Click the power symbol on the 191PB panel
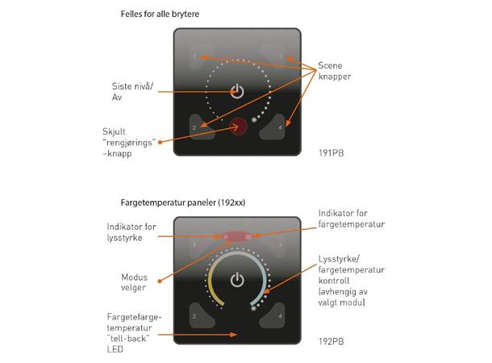click(237, 91)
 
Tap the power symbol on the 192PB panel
click(237, 280)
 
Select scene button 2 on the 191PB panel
click(201, 127)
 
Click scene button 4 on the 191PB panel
click(273, 127)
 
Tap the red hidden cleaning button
click(239, 127)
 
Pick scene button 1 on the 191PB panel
click(201, 56)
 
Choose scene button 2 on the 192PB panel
click(201, 315)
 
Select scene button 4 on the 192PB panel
click(273, 315)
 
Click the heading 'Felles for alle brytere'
click(160, 15)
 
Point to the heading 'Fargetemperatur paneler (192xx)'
click(183, 202)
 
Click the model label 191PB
click(331, 153)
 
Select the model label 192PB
click(331, 341)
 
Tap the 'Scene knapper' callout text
click(335, 71)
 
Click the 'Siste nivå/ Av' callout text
click(132, 92)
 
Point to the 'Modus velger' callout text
click(134, 282)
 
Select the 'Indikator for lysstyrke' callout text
click(131, 232)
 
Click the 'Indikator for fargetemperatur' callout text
click(352, 219)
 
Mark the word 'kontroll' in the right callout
click(334, 281)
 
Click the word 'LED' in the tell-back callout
click(115, 349)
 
